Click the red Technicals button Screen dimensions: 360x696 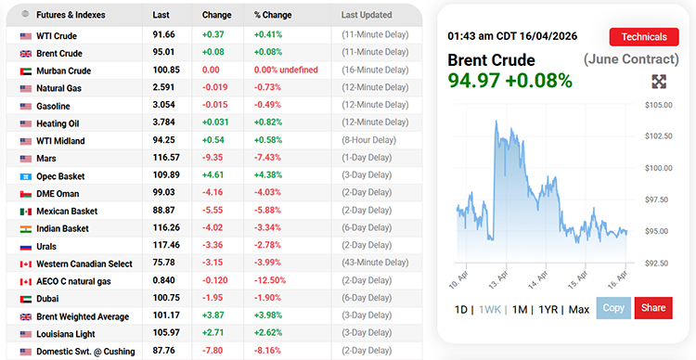pos(643,37)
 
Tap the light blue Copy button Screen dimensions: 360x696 pos(612,308)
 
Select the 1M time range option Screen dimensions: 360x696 pos(520,309)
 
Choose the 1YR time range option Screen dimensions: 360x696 pos(548,309)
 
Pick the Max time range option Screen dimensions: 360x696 pos(579,309)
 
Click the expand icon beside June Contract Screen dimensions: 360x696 pos(660,82)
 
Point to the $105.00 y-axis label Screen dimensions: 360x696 pos(658,105)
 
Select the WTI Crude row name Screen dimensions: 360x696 pos(57,36)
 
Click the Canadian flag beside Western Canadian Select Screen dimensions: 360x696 pos(26,264)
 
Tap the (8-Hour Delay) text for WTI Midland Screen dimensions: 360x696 pos(368,141)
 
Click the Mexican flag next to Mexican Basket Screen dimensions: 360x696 pos(26,212)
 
